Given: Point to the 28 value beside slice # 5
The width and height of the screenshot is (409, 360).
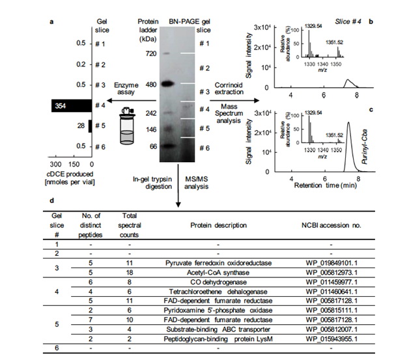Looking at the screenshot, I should [x=81, y=126].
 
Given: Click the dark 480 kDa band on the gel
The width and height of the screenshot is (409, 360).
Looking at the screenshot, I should [x=168, y=84].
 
